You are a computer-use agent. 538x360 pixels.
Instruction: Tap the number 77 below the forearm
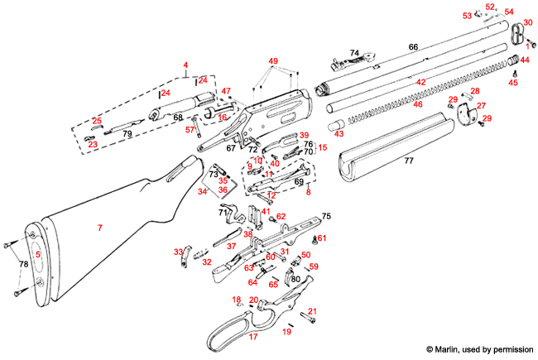(x=408, y=162)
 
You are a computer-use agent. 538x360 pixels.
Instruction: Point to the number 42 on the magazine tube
(x=420, y=83)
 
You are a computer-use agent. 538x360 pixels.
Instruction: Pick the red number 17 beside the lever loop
(x=253, y=337)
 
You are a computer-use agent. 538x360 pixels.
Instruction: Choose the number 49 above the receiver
(x=273, y=62)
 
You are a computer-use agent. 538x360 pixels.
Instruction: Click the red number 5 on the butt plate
(x=37, y=255)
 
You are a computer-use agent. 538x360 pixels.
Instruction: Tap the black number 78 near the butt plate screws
(x=23, y=264)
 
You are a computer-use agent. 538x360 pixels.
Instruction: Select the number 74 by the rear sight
(x=354, y=52)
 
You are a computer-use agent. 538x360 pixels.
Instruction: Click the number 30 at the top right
(x=527, y=22)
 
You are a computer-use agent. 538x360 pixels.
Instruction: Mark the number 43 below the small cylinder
(x=339, y=134)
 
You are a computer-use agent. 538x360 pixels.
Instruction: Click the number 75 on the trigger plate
(x=326, y=216)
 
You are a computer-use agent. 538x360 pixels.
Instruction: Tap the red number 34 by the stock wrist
(x=203, y=191)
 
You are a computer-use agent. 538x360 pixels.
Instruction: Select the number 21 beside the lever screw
(x=312, y=312)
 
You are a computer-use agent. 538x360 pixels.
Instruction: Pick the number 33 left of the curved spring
(x=177, y=252)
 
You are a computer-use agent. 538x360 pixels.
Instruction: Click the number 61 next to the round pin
(x=323, y=238)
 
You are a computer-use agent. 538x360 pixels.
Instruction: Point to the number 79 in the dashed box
(x=127, y=132)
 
